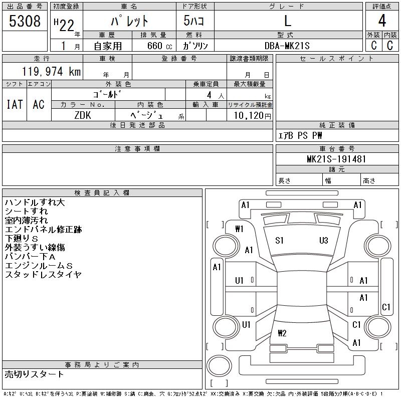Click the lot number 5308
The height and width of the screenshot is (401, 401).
pos(25,22)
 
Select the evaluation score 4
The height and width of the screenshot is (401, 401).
pos(382,22)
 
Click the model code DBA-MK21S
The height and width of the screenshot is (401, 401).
pos(287,46)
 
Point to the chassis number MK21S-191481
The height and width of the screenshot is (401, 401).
pos(337,159)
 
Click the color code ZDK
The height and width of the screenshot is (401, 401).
pos(83,115)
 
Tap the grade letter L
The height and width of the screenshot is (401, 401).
pos(287,22)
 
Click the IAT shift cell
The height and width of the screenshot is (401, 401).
pos(15,104)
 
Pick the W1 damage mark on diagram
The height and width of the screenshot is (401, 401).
pos(239,229)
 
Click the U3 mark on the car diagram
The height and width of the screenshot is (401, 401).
pos(323,241)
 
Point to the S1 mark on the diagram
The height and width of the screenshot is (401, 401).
pos(279,241)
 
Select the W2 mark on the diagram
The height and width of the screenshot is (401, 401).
pos(282,333)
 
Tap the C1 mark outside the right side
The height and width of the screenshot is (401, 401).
pos(386,307)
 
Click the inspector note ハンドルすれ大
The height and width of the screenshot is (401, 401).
pos(35,203)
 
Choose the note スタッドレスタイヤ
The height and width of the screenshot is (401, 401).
pos(43,275)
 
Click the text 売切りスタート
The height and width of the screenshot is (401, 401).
pos(35,374)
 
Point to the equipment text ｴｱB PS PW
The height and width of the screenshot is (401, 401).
pos(300,135)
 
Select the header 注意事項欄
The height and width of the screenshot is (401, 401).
pos(137,149)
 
